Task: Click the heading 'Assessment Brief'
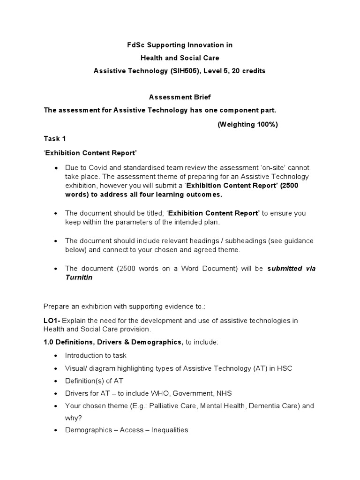[180, 97]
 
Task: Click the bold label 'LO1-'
[52, 321]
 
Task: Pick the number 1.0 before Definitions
[49, 342]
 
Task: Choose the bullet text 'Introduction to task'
[96, 355]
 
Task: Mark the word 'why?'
[73, 418]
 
